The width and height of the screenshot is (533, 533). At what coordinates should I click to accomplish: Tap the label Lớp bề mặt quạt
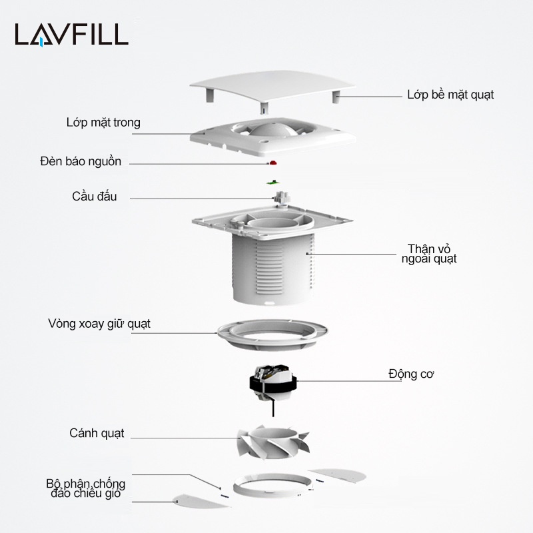click(450, 95)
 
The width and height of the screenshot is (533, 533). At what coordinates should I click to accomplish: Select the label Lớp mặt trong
click(103, 123)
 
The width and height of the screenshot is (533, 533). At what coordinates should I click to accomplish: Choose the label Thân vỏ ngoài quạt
click(429, 254)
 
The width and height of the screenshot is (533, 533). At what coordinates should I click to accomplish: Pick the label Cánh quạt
click(97, 433)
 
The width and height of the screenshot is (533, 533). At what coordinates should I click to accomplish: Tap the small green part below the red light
click(271, 181)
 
